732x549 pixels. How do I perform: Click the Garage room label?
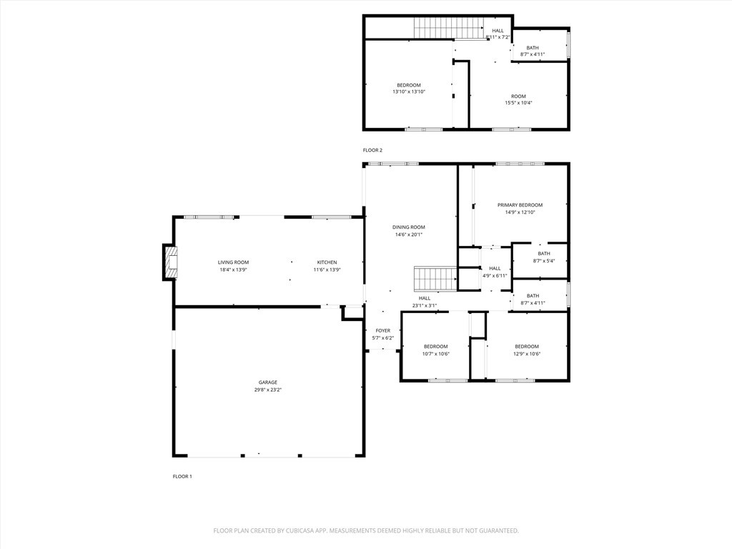[268, 382]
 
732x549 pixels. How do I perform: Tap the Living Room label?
[233, 262]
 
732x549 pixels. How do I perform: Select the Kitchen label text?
[327, 262]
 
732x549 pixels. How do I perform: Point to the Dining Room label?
[409, 227]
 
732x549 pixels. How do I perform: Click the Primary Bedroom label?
[520, 205]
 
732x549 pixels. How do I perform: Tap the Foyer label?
[383, 331]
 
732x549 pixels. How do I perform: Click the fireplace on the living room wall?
[170, 262]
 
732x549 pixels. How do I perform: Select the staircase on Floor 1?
[435, 279]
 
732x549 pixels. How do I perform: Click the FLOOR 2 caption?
[372, 150]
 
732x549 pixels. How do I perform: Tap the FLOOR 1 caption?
[182, 476]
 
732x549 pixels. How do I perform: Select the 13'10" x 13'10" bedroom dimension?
[409, 92]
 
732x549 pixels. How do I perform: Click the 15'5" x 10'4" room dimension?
[518, 103]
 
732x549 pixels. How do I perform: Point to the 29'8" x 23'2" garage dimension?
[268, 390]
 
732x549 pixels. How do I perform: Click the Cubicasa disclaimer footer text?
[366, 530]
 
